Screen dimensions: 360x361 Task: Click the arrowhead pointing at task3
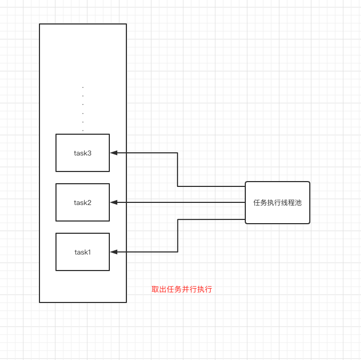point(114,153)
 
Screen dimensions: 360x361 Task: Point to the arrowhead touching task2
point(114,202)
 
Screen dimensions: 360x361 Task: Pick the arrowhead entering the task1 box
point(114,252)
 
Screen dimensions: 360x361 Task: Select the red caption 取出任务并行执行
point(182,290)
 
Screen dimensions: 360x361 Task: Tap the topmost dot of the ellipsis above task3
point(83,87)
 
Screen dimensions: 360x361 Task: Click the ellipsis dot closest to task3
point(83,130)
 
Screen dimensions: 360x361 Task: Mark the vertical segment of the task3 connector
point(178,169)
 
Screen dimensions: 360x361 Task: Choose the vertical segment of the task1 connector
point(178,235)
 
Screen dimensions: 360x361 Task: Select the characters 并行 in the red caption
point(189,290)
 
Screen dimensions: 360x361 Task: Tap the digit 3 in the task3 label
point(90,153)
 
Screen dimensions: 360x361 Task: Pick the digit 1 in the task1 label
point(89,252)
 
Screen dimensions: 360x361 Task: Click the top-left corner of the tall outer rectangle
point(40,24)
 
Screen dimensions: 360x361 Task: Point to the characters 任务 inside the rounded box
point(260,203)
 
